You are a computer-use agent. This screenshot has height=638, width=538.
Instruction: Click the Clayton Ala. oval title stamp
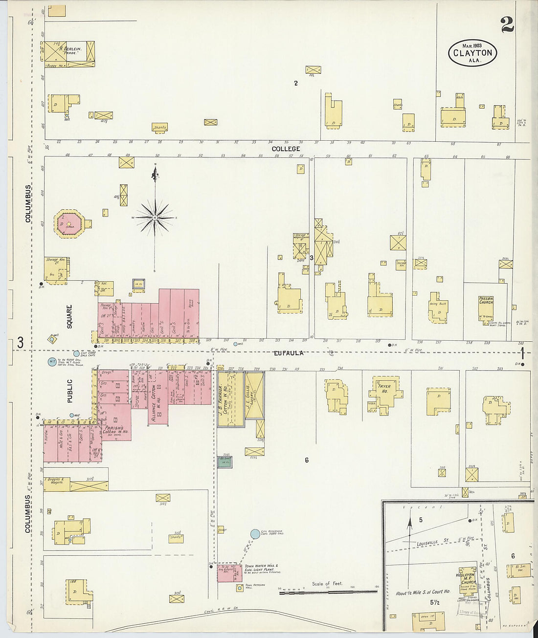pos(472,53)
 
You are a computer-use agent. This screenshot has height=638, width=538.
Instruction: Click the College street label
pos(286,149)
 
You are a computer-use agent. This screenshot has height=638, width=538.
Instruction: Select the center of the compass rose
pos(155,217)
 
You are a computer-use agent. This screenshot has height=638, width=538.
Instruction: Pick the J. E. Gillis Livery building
pos(254,395)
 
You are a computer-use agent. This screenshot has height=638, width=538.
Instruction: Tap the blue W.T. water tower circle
pos(52,362)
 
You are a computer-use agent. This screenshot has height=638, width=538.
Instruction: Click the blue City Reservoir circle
pos(255,534)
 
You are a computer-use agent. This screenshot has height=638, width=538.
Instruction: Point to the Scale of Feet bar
pos(328,592)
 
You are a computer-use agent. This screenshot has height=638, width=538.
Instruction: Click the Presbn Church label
pos(486,301)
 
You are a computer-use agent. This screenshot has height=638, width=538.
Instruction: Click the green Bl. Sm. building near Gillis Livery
pos(225,462)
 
